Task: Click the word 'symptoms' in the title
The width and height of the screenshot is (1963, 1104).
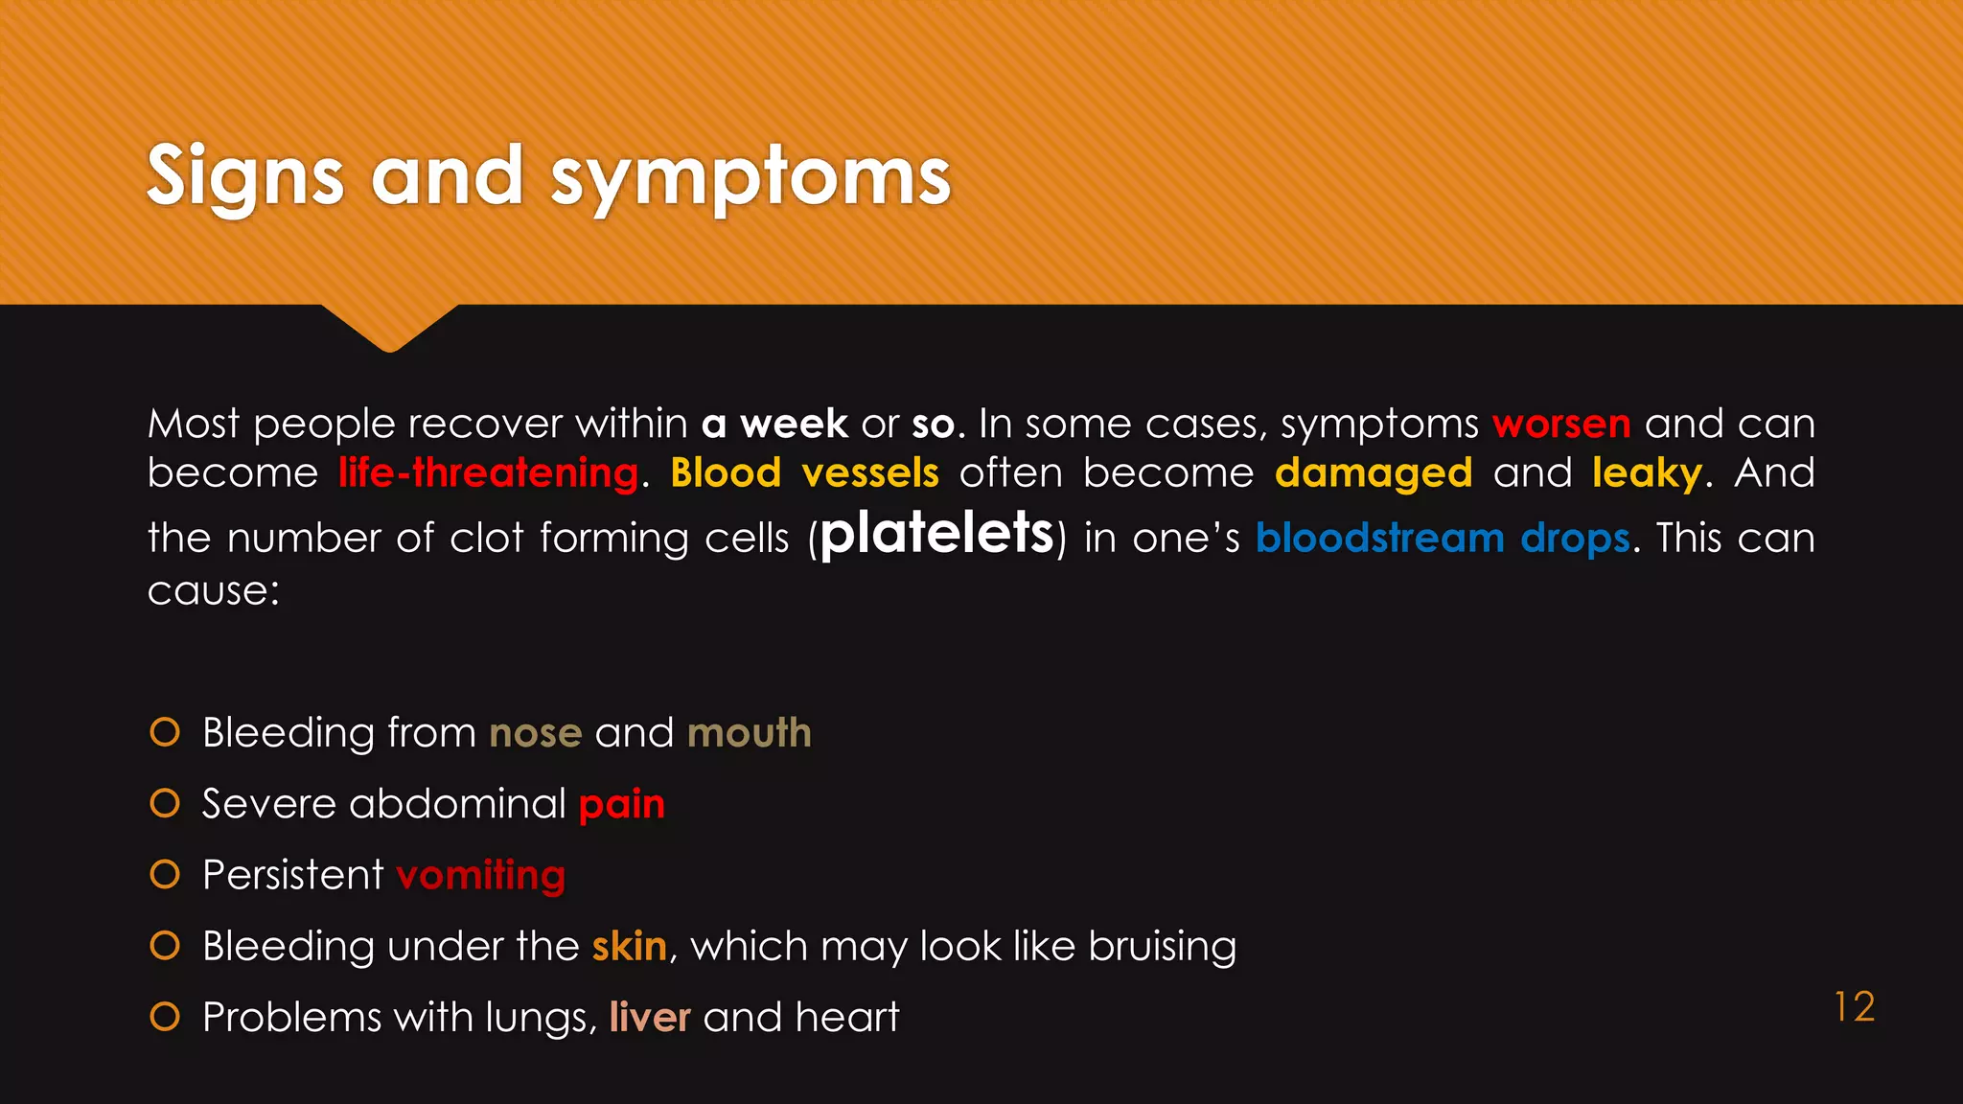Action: [750, 177]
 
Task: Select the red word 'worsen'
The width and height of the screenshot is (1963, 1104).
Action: [1561, 424]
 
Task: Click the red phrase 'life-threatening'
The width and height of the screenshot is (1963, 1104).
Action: [488, 472]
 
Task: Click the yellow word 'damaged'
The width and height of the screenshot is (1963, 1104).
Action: [1374, 472]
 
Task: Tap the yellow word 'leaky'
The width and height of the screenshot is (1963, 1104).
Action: [1647, 472]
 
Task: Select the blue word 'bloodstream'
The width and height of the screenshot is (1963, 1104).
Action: [1379, 539]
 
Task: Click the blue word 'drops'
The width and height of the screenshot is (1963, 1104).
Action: [1575, 539]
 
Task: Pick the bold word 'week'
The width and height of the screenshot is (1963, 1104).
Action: [794, 424]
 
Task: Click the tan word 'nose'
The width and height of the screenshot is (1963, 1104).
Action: [535, 733]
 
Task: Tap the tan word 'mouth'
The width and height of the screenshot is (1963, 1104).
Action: [749, 733]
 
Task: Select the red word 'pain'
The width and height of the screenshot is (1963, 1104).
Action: [621, 804]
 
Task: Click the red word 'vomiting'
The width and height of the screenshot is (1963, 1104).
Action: [480, 875]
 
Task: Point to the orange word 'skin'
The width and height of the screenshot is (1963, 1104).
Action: [629, 946]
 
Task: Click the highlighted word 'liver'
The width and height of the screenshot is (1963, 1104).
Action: [649, 1017]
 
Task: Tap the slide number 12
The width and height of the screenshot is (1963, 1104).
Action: [1854, 1007]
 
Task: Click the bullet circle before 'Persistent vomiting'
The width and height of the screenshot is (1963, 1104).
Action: [165, 874]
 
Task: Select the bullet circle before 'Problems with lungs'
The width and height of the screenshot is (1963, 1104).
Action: [165, 1016]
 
